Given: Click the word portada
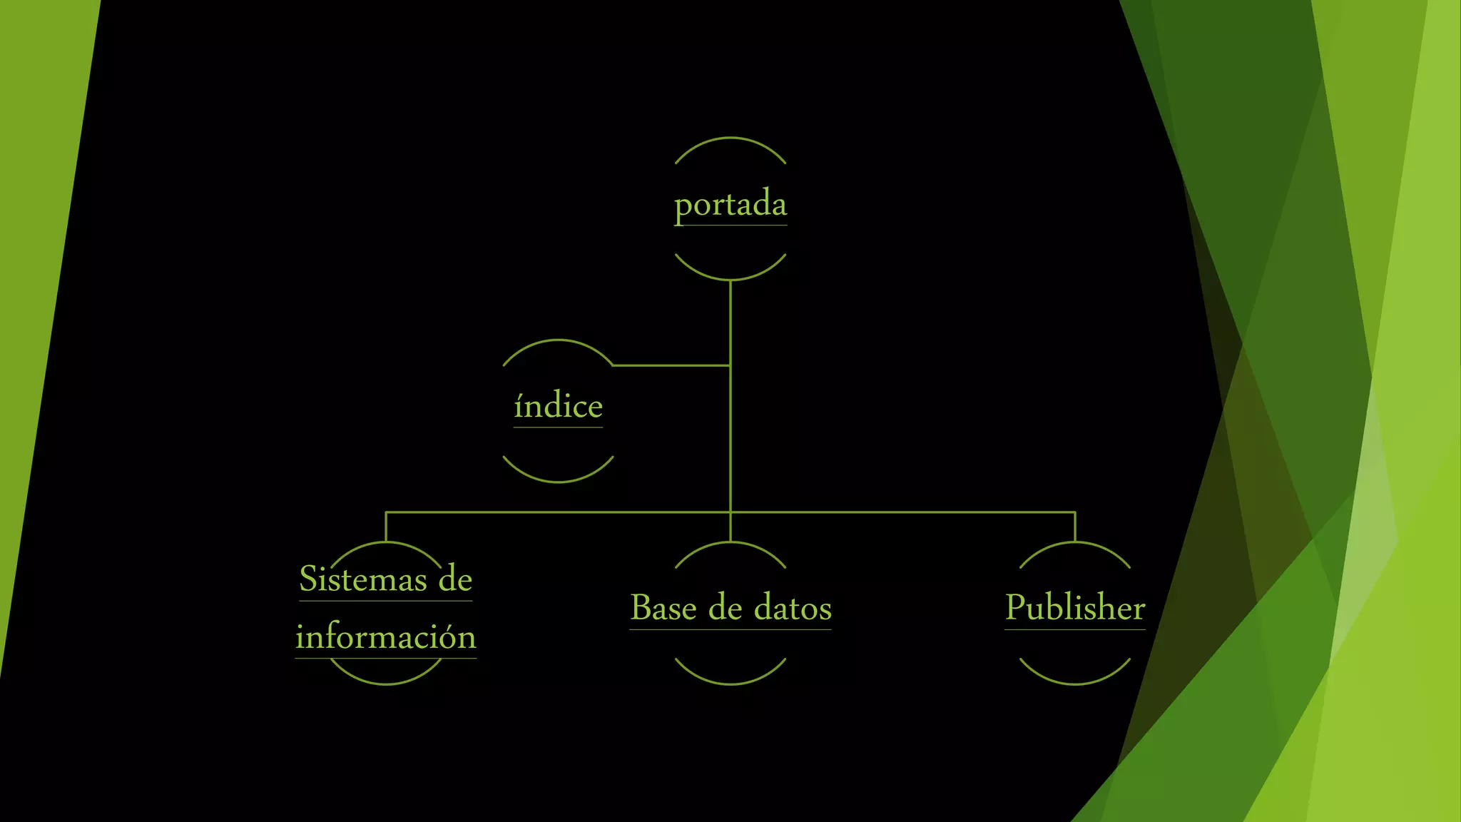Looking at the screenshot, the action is pos(730,205).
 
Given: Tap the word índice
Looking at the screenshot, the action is pos(558,407).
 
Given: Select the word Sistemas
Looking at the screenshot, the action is pos(362,579).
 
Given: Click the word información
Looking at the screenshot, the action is pos(385,636).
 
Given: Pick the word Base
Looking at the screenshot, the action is pos(663,608).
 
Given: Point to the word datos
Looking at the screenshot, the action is pos(793,608).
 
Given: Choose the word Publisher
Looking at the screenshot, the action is pos(1074,608).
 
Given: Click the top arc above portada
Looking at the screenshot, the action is pos(730,138).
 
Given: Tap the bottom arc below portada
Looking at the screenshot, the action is pos(730,278).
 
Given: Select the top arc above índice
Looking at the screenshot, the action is pos(558,341).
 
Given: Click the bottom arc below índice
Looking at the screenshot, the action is pos(558,482).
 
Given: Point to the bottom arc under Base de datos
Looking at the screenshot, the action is pos(730,683).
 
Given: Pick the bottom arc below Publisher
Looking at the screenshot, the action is pos(1074,683).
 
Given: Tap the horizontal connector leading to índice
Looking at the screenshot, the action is pos(671,365).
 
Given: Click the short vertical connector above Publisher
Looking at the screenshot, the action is pos(1074,527).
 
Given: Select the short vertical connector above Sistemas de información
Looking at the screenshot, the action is pos(386,527).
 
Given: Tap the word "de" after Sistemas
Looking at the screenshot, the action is pos(455,579).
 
